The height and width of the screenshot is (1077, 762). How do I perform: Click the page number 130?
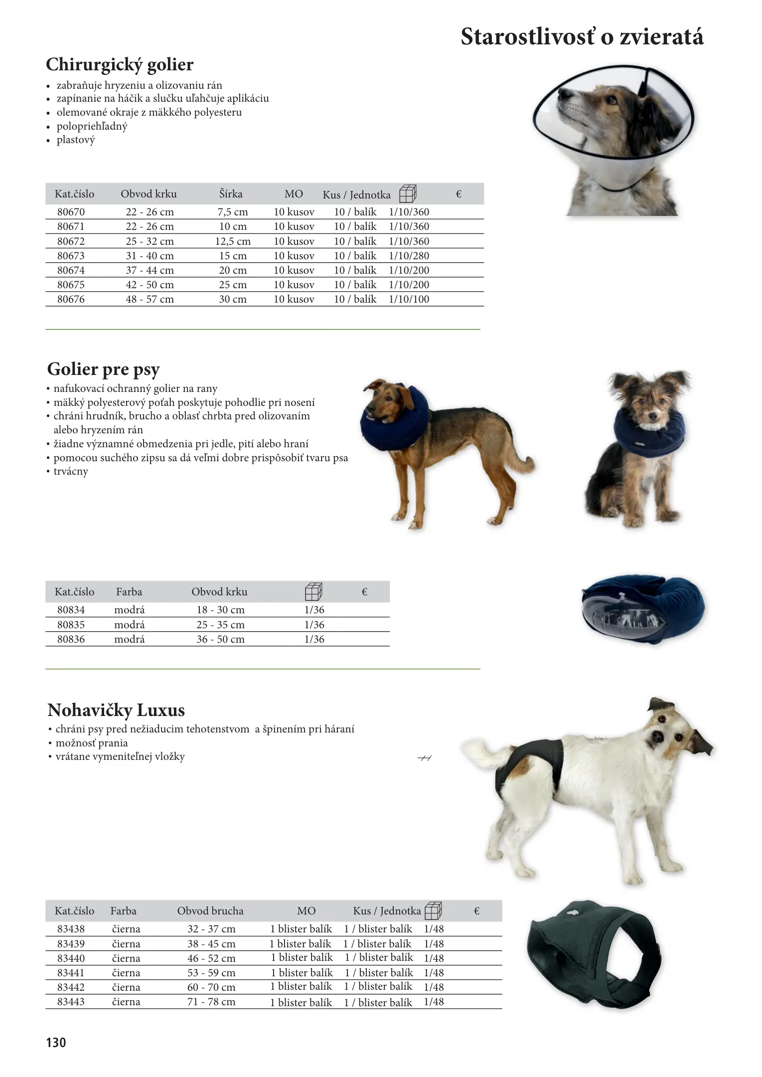(x=56, y=1043)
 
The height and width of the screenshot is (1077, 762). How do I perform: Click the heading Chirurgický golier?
(x=120, y=65)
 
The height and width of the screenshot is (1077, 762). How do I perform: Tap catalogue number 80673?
(x=71, y=256)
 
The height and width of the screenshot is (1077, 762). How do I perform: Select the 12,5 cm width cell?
(x=233, y=241)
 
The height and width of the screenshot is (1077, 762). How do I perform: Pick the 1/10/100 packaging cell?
(x=409, y=299)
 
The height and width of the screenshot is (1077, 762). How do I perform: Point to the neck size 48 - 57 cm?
(x=150, y=299)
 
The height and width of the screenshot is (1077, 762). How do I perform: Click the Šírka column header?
(x=231, y=194)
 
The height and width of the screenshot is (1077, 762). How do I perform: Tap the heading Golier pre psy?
(x=103, y=369)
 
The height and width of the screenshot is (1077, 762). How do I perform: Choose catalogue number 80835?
(x=71, y=625)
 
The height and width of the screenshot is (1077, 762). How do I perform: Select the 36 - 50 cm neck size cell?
(x=220, y=639)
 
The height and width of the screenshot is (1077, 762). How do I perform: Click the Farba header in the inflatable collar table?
(x=129, y=592)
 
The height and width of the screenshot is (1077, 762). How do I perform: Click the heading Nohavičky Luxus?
(x=116, y=710)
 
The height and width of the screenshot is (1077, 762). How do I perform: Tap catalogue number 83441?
(x=71, y=973)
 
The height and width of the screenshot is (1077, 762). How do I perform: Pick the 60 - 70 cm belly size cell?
(x=211, y=987)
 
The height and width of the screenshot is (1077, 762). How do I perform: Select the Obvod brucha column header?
(x=210, y=911)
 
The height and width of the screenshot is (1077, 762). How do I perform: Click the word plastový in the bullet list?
(x=75, y=140)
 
